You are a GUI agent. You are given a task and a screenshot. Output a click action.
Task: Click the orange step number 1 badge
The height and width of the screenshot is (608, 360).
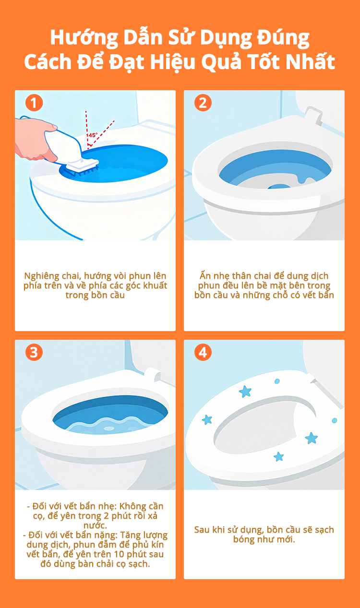click(x=34, y=103)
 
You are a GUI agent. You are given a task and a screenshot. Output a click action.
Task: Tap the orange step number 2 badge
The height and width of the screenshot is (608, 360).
click(x=203, y=103)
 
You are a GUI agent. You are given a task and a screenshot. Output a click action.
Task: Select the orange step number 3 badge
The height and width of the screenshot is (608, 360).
click(x=34, y=352)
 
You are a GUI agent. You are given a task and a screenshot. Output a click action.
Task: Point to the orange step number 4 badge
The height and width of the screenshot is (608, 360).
click(x=203, y=352)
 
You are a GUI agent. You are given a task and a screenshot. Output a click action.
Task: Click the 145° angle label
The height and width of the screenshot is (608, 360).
click(x=92, y=135)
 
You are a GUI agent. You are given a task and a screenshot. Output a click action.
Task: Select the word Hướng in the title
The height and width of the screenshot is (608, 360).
click(x=84, y=38)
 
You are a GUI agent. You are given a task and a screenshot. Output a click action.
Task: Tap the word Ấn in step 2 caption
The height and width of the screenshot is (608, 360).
click(x=205, y=275)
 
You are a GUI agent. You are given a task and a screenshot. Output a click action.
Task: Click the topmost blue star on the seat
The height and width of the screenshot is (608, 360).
click(x=245, y=392)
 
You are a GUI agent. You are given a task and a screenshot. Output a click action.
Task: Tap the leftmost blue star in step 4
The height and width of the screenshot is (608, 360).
click(x=207, y=419)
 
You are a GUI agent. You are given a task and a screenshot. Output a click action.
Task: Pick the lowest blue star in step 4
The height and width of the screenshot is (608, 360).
click(x=278, y=456)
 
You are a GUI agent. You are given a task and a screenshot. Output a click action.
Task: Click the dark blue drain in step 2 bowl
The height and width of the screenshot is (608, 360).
click(x=279, y=187)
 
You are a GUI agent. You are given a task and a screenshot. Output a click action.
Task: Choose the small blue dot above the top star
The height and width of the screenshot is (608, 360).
click(x=277, y=381)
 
